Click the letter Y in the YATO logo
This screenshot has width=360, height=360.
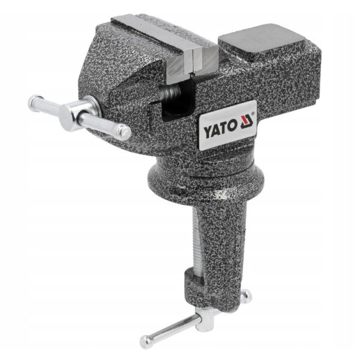pyautogui.click(x=208, y=131)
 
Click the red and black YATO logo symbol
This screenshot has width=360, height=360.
pyautogui.click(x=247, y=122)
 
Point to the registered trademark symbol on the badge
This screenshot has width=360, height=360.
pyautogui.click(x=253, y=113)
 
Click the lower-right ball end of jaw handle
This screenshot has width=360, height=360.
pyautogui.click(x=125, y=133)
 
